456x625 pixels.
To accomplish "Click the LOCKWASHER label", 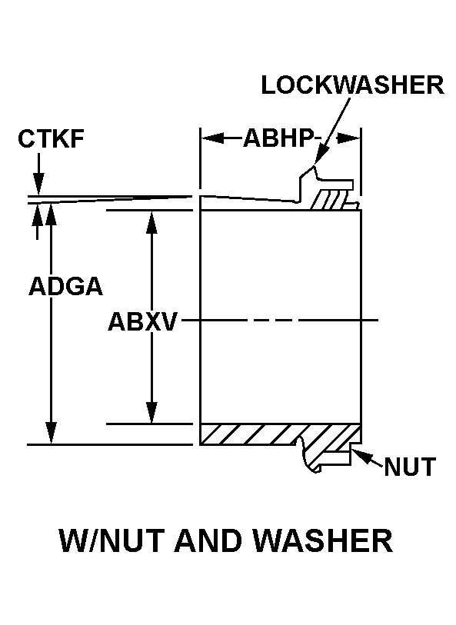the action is pos(352,85).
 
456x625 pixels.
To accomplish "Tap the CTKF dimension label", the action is pos(51,139).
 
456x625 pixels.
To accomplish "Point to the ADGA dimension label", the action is pos(66,286).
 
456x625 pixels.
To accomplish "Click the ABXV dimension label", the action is pos(142,321).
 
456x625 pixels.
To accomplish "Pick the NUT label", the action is pos(410,467).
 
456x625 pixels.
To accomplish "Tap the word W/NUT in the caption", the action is pos(112,540).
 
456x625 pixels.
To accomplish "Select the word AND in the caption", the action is pos(209,540).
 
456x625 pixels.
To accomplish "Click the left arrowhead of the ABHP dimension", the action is pos(211,138).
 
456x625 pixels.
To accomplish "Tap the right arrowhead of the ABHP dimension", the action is pos(349,138).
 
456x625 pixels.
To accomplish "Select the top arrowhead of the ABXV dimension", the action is pos(151,221).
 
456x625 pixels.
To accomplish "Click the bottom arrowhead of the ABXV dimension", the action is pos(151,412).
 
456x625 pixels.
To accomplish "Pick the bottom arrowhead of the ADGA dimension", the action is pos(51,432).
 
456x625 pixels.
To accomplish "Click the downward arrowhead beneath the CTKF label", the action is pos(38,185).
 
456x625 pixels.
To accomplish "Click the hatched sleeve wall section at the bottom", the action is pos(279,434).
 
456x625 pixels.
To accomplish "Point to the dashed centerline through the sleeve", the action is pos(280,320).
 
